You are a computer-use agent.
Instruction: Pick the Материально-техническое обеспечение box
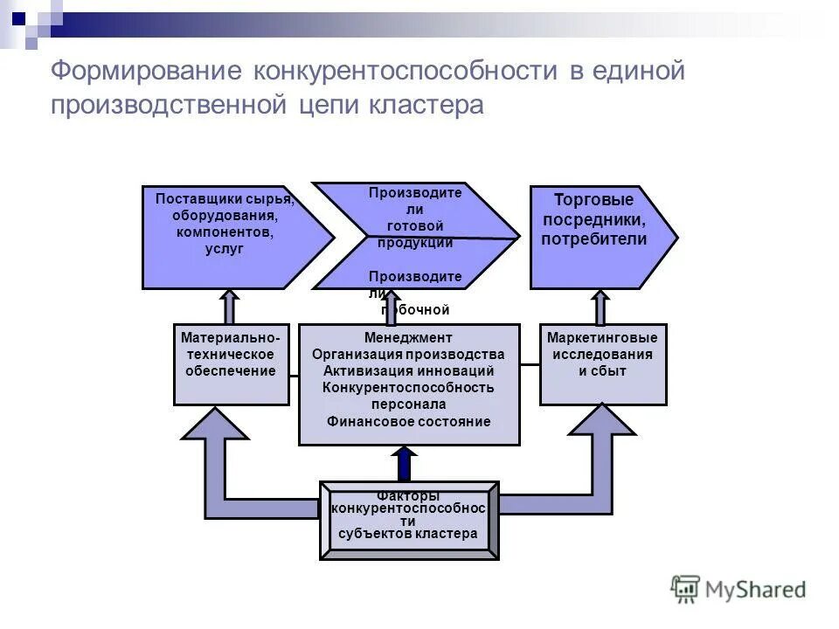(x=231, y=364)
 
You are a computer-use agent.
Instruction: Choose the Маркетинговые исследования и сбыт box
(x=603, y=364)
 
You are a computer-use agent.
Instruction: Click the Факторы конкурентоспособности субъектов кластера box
(x=408, y=520)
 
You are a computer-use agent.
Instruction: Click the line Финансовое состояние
(x=408, y=421)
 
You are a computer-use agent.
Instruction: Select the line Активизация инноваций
(x=408, y=370)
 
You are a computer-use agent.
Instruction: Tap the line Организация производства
(x=408, y=354)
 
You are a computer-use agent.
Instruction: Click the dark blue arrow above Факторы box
(x=405, y=464)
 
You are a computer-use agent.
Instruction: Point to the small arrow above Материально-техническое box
(x=230, y=307)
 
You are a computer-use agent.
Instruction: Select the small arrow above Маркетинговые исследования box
(x=600, y=307)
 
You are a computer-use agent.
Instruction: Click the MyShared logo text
(x=752, y=589)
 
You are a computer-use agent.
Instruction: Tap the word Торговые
(x=593, y=200)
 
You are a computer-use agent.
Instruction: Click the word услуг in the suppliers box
(x=225, y=249)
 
